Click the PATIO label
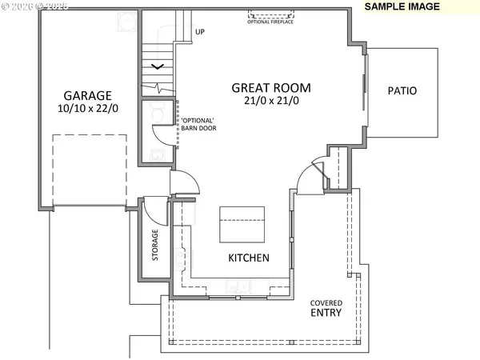pos(402,91)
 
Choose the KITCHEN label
pos(249,258)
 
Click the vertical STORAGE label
pos(155,246)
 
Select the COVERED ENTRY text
pos(326,308)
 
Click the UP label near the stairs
pos(201,33)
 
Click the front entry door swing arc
pos(310,177)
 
